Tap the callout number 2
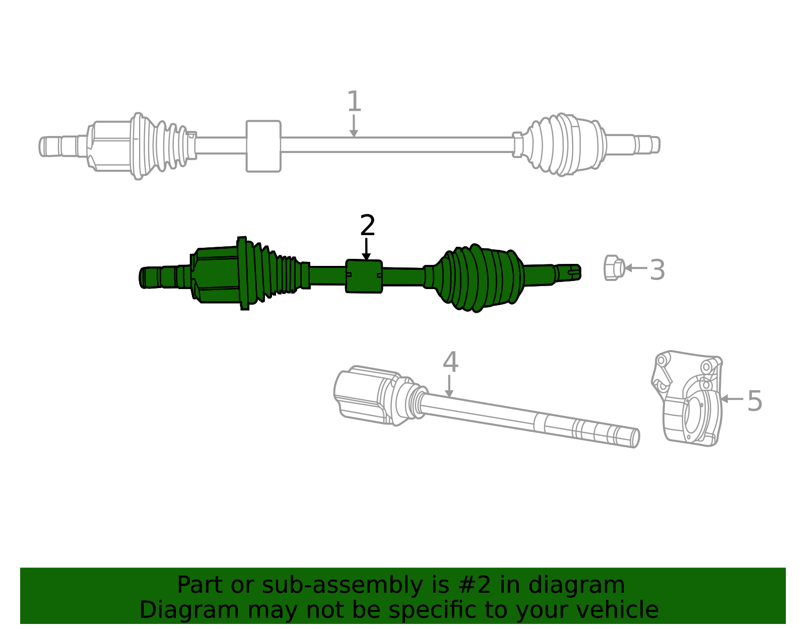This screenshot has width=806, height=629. [x=368, y=225]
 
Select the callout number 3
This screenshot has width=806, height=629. [x=657, y=270]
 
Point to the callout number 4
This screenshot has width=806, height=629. [x=451, y=362]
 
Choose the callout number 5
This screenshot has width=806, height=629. [x=755, y=401]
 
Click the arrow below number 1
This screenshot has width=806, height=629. [x=354, y=126]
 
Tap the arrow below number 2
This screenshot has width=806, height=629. [x=366, y=249]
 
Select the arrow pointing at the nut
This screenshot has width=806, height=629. [x=636, y=267]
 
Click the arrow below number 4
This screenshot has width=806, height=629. [x=449, y=386]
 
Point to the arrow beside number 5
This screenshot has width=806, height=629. [x=732, y=399]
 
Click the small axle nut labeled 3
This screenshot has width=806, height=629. [x=614, y=267]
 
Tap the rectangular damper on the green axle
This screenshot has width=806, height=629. [x=364, y=276]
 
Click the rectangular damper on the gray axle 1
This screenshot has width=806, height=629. [x=263, y=146]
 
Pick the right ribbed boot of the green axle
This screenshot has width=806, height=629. [x=479, y=278]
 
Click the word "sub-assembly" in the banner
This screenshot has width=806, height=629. [x=342, y=585]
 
